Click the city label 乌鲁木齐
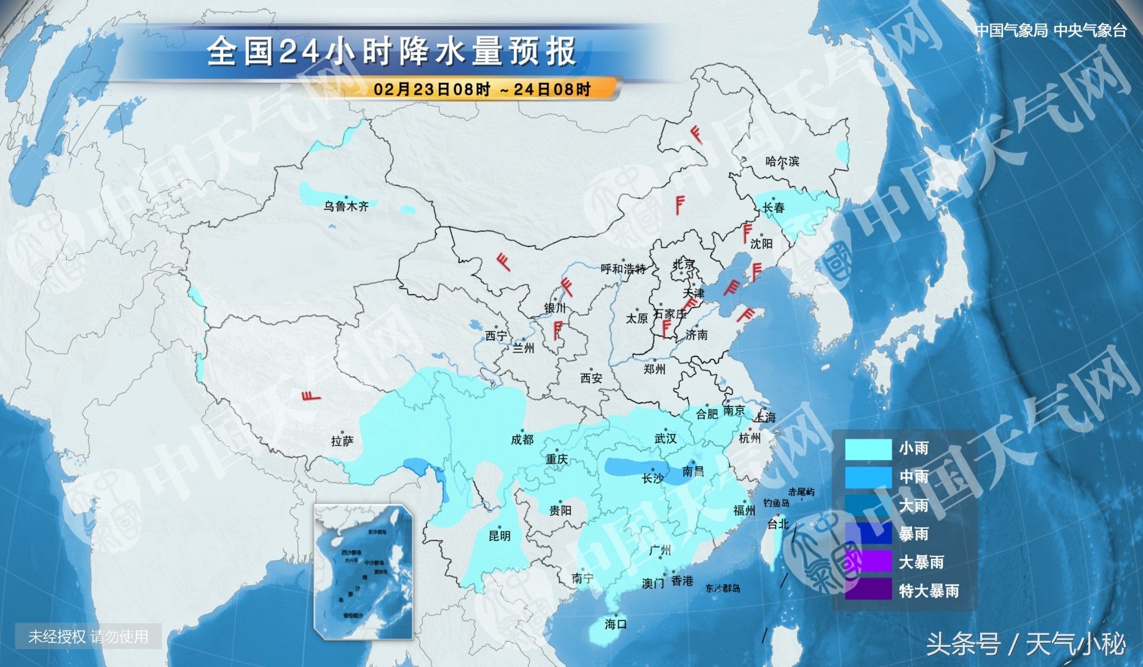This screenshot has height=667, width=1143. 346,207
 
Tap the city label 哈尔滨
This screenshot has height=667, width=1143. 782,162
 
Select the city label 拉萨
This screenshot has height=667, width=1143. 342,441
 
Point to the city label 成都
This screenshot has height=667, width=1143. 522,440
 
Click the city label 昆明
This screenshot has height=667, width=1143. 499,536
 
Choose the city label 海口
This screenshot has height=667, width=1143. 615,625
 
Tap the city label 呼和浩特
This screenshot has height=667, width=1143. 623,269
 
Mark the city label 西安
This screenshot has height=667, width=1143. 591,379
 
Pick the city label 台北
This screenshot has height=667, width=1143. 777,524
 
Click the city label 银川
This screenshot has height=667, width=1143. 555,308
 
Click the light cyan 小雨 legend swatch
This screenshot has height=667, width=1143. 868,449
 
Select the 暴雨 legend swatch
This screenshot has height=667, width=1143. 868,534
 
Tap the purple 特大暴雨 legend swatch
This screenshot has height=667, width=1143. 868,590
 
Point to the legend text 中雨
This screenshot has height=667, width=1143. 914,477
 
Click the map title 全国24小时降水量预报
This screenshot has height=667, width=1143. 391,51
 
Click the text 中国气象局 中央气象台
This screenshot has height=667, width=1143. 1051,31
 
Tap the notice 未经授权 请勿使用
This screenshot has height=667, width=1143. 88,637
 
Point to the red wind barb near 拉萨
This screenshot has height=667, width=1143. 311,395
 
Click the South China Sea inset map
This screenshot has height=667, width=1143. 363,572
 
